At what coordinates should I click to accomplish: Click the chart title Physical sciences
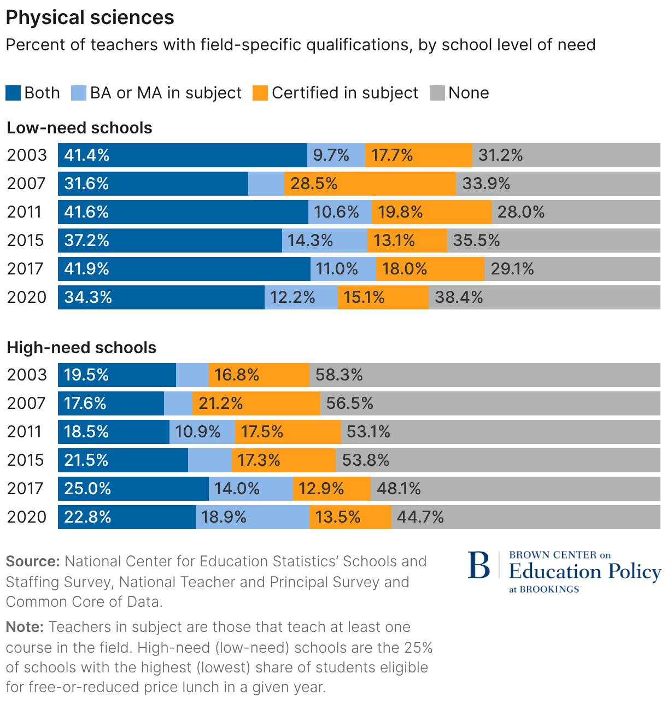[90, 17]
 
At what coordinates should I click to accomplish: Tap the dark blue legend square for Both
[13, 93]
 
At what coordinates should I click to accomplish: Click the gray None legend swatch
[437, 93]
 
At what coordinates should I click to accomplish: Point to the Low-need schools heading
[79, 128]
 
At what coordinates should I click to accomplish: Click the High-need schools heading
[81, 348]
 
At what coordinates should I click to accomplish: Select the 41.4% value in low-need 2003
[87, 155]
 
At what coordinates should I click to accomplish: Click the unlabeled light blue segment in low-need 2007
[266, 184]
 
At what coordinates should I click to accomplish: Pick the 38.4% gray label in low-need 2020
[459, 297]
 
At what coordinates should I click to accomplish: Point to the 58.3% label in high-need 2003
[339, 375]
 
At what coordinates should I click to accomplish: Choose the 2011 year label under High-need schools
[25, 432]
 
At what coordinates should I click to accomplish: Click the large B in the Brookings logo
[479, 566]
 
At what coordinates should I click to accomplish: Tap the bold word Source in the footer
[32, 561]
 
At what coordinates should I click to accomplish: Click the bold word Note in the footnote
[25, 627]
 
